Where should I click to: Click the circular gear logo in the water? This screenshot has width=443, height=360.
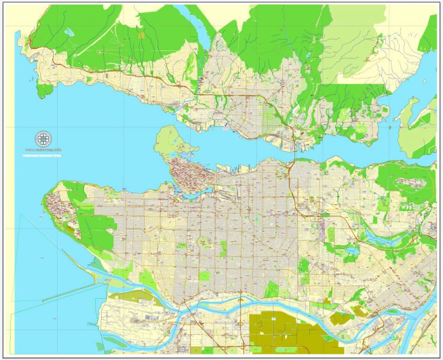(43, 139)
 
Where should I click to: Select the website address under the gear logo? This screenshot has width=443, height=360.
(43, 149)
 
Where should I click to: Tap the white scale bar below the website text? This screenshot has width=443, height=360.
(43, 156)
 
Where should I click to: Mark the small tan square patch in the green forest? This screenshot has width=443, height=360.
(141, 35)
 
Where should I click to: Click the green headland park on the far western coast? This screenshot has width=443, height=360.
(43, 91)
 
